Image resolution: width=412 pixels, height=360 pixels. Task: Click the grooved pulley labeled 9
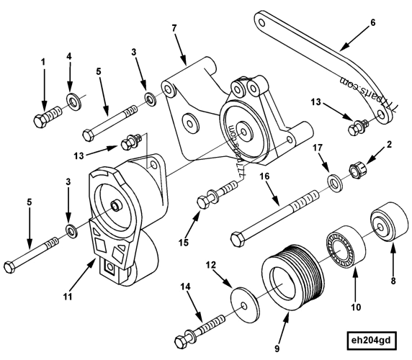285,276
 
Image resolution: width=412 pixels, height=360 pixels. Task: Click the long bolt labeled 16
281,217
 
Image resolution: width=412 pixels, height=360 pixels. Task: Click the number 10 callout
354,310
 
